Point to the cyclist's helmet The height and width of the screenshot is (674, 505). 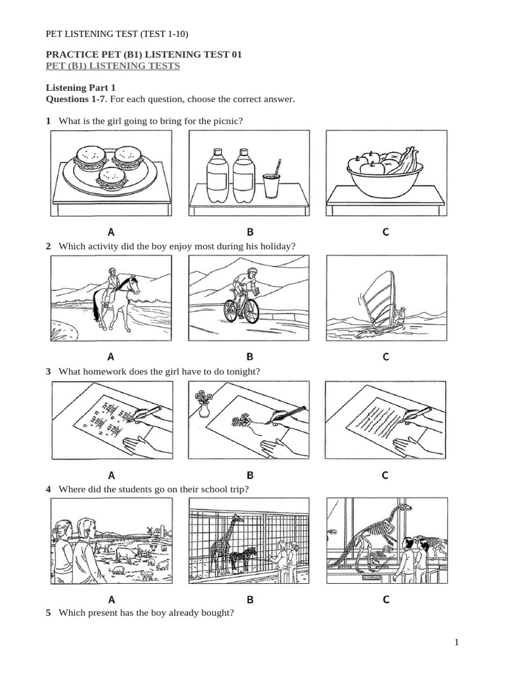253,271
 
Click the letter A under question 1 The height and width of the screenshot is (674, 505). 111,232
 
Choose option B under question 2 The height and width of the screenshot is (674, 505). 250,357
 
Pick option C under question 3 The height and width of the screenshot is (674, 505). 386,475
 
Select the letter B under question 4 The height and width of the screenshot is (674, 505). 250,600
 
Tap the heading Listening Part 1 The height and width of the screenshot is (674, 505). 80,88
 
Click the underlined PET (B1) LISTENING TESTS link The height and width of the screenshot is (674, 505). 112,66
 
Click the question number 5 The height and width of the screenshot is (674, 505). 48,612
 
